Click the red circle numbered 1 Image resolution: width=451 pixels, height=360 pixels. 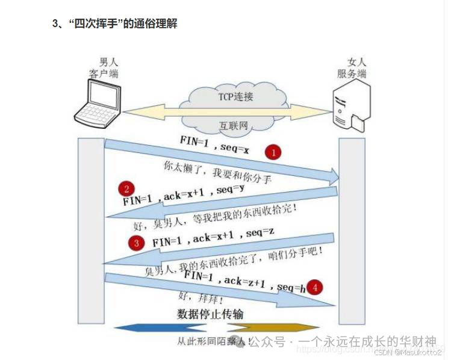coord(274,153)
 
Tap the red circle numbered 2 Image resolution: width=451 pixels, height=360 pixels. coord(126,188)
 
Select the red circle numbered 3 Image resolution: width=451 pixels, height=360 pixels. coord(137,243)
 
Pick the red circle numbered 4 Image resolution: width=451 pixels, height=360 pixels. coord(315,287)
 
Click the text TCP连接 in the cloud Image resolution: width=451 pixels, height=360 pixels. coord(235,97)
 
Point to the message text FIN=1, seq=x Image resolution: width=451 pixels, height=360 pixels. coord(214,144)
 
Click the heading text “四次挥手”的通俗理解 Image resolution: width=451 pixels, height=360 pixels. coord(114,24)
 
